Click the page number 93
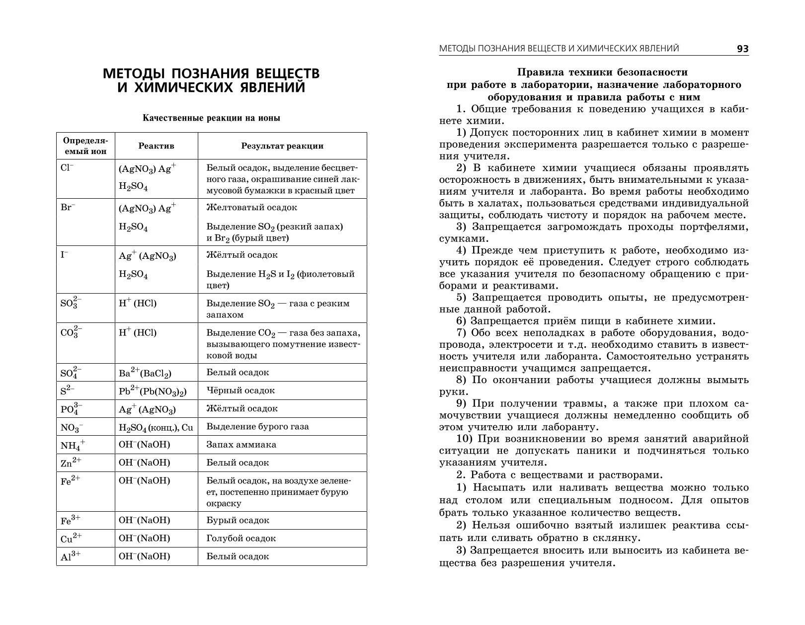tap(742, 49)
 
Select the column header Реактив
tap(156, 146)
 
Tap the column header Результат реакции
tap(282, 146)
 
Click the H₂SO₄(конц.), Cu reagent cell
tap(156, 427)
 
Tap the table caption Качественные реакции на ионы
tap(211, 118)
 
